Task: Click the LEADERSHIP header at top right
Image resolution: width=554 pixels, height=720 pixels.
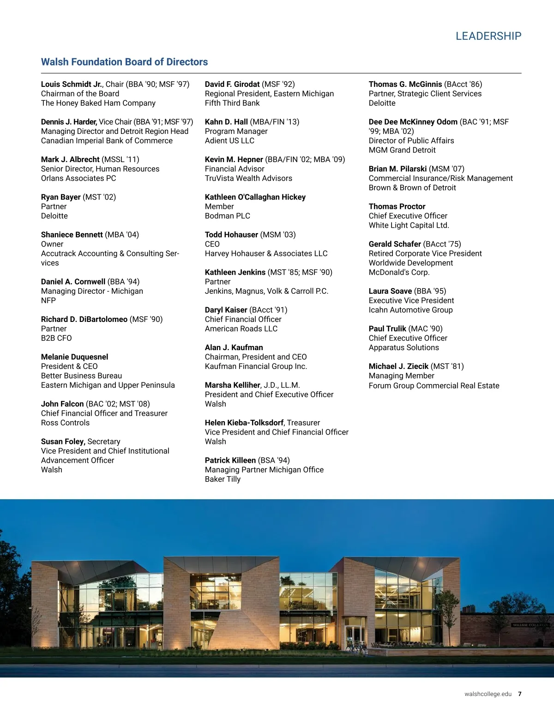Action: [x=488, y=36]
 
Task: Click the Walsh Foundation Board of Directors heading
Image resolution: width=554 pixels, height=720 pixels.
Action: [x=124, y=62]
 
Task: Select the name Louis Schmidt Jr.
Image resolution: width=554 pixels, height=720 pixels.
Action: [x=72, y=84]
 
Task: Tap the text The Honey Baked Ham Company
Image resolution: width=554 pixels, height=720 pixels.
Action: [x=98, y=103]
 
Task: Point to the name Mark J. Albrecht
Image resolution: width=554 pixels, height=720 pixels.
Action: [x=70, y=159]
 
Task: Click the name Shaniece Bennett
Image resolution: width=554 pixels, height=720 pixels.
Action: [x=72, y=235]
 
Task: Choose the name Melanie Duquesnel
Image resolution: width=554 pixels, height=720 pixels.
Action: [x=74, y=357]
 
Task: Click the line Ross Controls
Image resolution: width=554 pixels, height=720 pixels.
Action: [x=65, y=423]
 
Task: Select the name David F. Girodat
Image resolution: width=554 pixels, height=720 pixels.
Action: [x=232, y=84]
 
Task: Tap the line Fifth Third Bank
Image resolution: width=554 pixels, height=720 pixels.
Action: [x=232, y=103]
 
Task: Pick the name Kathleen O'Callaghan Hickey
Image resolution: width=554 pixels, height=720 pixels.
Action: [x=255, y=197]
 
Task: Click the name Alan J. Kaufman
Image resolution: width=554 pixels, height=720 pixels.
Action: [x=234, y=347]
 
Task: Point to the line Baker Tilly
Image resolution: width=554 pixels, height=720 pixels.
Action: [x=223, y=479]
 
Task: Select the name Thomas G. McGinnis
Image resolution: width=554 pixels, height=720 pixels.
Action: [x=405, y=84]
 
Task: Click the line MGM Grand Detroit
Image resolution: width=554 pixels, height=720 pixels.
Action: [x=402, y=150]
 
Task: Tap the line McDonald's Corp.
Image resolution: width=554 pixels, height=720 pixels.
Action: [x=399, y=272]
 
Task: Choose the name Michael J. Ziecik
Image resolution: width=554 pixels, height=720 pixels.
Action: [x=398, y=366]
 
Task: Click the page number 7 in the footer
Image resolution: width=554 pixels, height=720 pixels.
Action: [x=520, y=694]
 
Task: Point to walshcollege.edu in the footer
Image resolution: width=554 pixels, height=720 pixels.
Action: [x=488, y=694]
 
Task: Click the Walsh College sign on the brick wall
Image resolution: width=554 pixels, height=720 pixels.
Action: [x=530, y=625]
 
